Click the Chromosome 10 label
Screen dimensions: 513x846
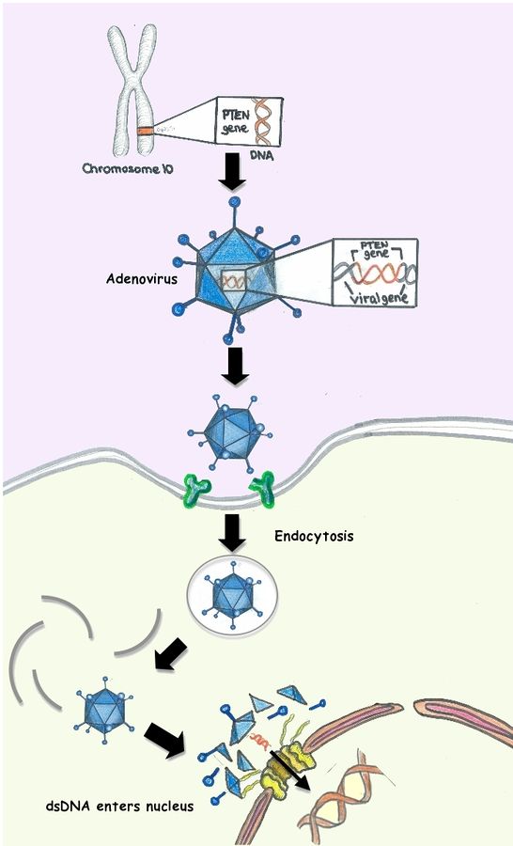(128, 168)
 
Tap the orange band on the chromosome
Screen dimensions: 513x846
(144, 131)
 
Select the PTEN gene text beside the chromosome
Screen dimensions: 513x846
(235, 122)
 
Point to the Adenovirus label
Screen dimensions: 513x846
(142, 279)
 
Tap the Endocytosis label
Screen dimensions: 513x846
(314, 536)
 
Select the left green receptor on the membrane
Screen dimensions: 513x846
(197, 487)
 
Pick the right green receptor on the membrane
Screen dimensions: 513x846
(262, 488)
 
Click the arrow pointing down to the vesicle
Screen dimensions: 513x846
(232, 533)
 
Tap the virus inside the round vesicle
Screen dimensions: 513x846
(232, 595)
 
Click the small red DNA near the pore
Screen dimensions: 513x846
(261, 740)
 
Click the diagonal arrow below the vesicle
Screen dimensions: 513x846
(171, 654)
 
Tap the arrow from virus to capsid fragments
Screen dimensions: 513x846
(164, 740)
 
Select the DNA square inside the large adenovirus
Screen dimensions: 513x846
(233, 280)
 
